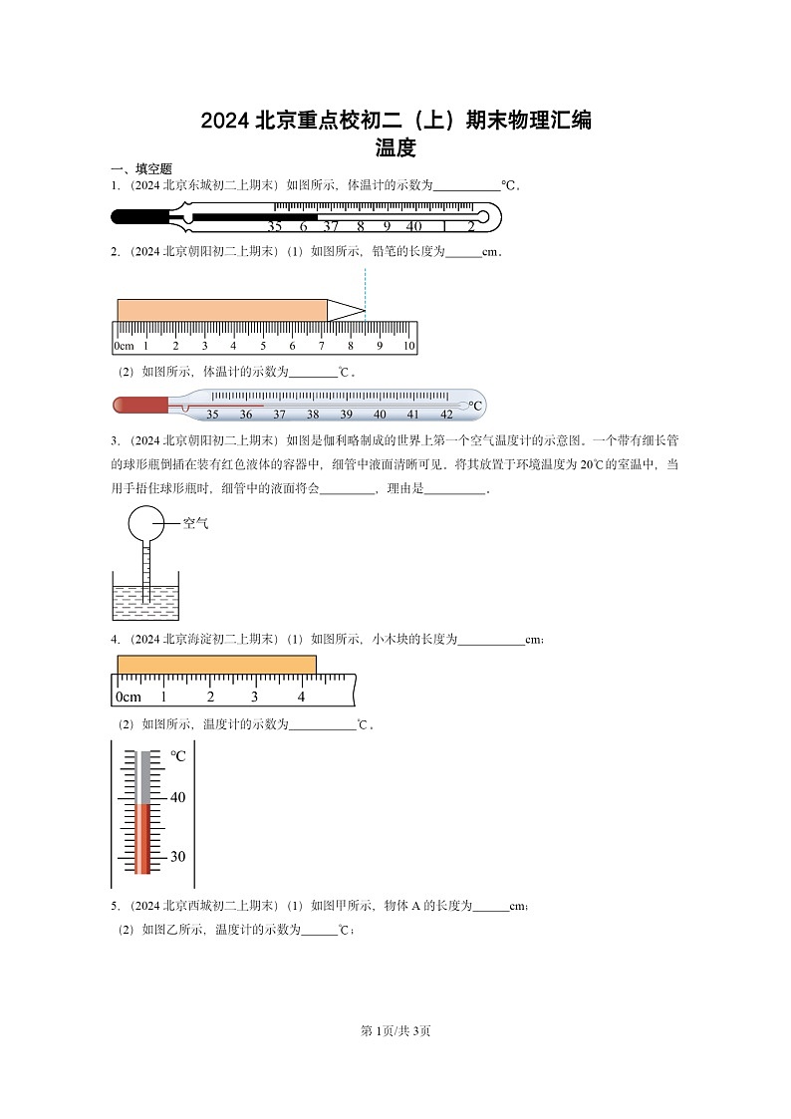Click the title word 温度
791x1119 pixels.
tap(395, 149)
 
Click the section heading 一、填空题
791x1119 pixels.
tap(141, 169)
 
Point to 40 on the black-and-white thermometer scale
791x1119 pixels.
tap(413, 226)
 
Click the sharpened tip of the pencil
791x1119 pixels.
tap(350, 310)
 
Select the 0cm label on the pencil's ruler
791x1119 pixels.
tap(124, 346)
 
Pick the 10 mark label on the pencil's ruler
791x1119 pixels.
tap(408, 346)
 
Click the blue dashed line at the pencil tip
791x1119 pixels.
tap(365, 289)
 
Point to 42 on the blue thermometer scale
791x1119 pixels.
tap(446, 415)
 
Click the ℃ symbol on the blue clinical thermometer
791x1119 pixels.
tap(475, 406)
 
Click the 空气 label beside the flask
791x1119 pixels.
tap(195, 522)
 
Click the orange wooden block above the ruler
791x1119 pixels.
tap(216, 665)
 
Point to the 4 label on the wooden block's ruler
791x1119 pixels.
tap(301, 697)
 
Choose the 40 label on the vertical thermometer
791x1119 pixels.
tap(178, 797)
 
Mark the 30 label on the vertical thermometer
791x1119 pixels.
tap(178, 856)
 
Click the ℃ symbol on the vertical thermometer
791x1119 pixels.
tap(178, 756)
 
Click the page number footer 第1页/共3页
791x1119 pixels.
tap(395, 1030)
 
